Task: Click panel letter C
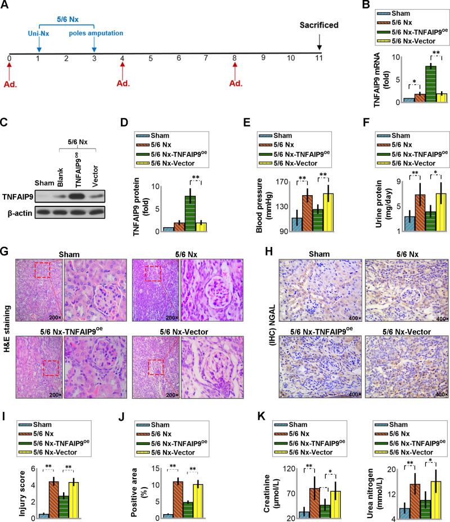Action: pos(6,119)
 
